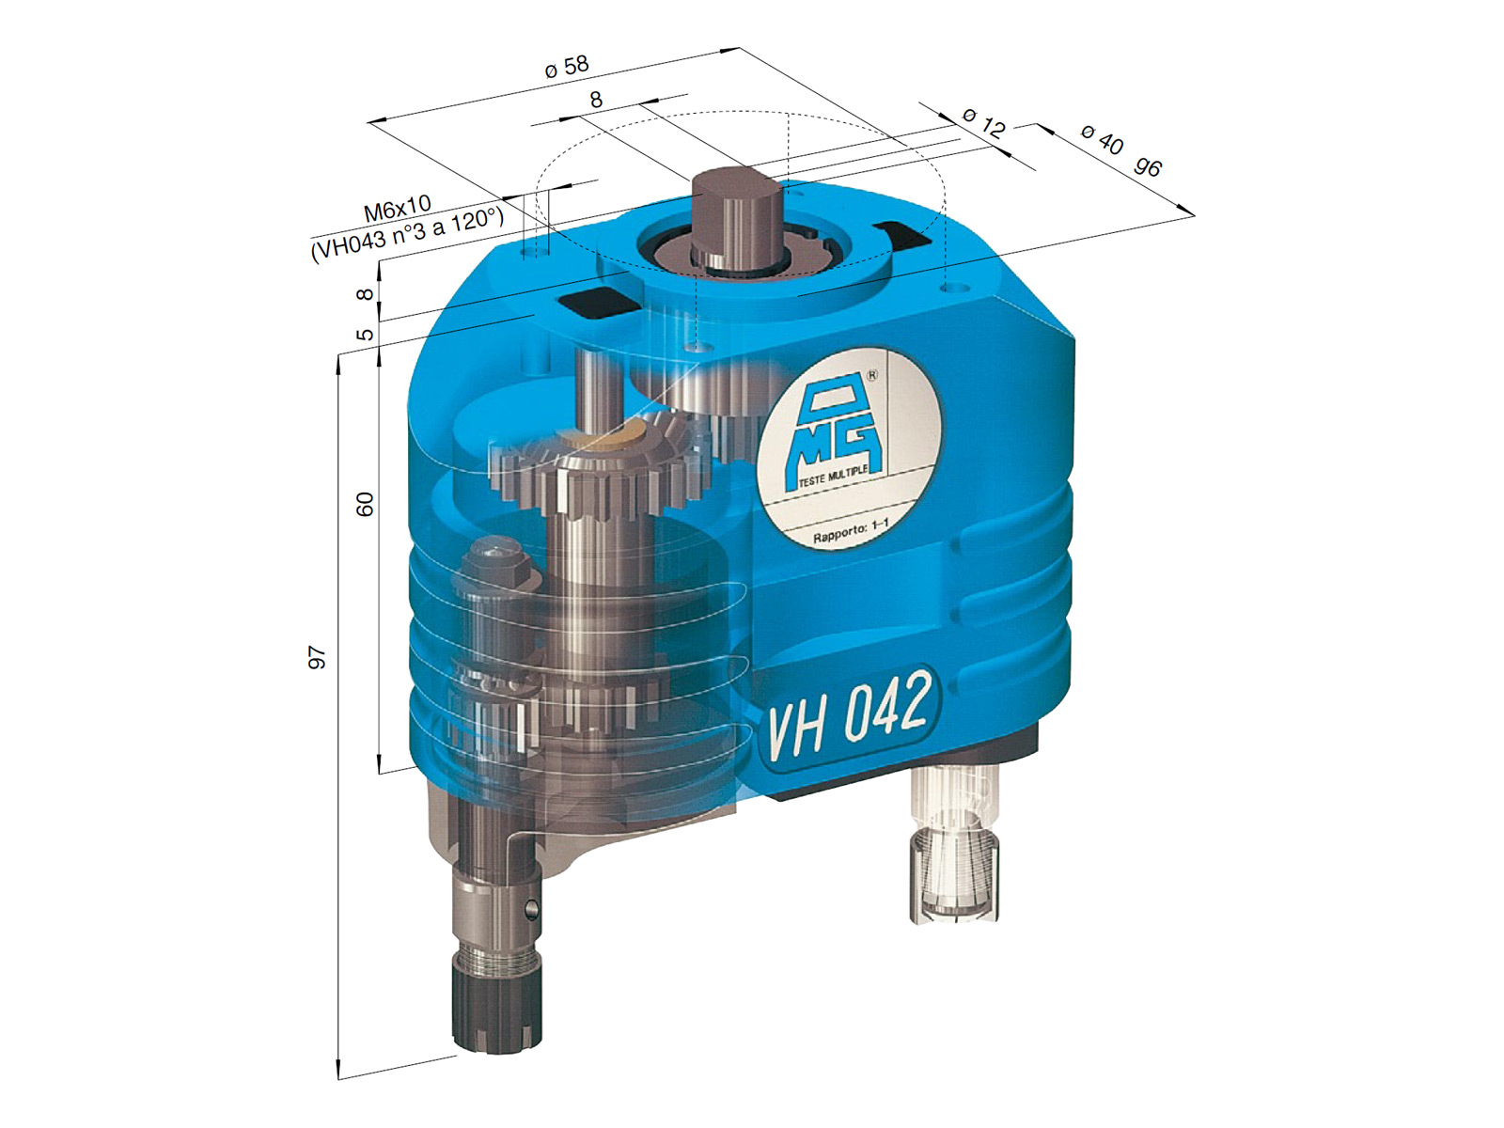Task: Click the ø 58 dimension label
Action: (567, 66)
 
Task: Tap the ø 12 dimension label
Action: (984, 122)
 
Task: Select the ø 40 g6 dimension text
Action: (1120, 150)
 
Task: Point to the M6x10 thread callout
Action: (397, 209)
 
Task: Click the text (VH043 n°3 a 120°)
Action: (407, 235)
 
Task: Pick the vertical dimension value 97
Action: (318, 657)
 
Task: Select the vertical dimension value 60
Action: (365, 504)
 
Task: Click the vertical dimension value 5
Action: (366, 334)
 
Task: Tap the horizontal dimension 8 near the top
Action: (596, 99)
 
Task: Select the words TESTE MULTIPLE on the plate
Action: (833, 475)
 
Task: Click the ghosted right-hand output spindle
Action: (954, 846)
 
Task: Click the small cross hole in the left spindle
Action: (531, 909)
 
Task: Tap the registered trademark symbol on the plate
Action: (870, 376)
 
